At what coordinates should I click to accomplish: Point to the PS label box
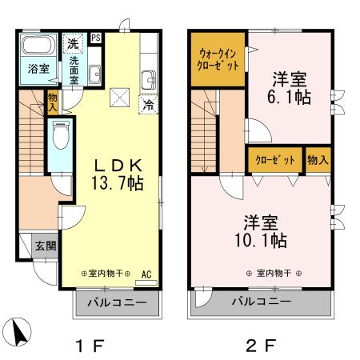[x=96, y=38]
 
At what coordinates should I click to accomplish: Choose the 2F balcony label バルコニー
[x=261, y=302]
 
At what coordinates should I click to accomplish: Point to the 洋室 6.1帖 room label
[x=290, y=88]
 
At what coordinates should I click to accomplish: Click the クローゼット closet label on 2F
[x=274, y=159]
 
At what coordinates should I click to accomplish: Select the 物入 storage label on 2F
[x=318, y=159]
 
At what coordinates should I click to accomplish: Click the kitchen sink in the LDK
[x=149, y=80]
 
